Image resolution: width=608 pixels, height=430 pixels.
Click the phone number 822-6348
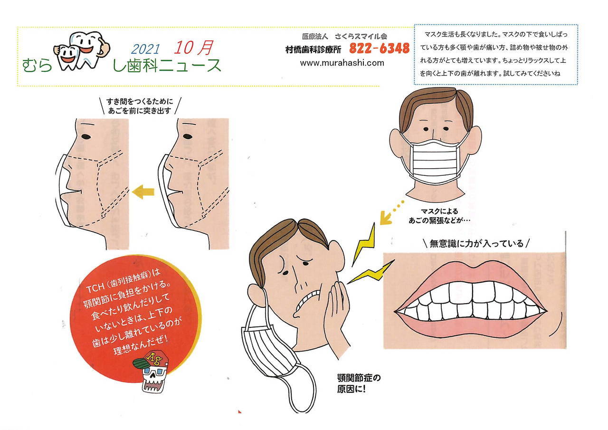(x=380, y=48)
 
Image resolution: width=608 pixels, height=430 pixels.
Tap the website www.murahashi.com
(x=342, y=63)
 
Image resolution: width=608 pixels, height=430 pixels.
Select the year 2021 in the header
(x=145, y=49)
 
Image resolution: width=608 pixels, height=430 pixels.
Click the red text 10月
(x=193, y=48)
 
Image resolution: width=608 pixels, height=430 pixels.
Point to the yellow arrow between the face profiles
(x=143, y=192)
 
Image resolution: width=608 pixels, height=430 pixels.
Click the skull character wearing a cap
(x=151, y=372)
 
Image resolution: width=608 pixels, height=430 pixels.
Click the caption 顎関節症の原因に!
(x=359, y=383)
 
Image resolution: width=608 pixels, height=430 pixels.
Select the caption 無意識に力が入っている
(x=476, y=243)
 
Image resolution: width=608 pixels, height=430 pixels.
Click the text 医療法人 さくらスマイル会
(x=344, y=36)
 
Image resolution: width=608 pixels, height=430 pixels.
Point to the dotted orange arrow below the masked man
(x=391, y=214)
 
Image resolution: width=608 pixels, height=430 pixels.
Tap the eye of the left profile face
(x=86, y=136)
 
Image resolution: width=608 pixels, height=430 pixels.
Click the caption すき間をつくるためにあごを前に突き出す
(x=140, y=106)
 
